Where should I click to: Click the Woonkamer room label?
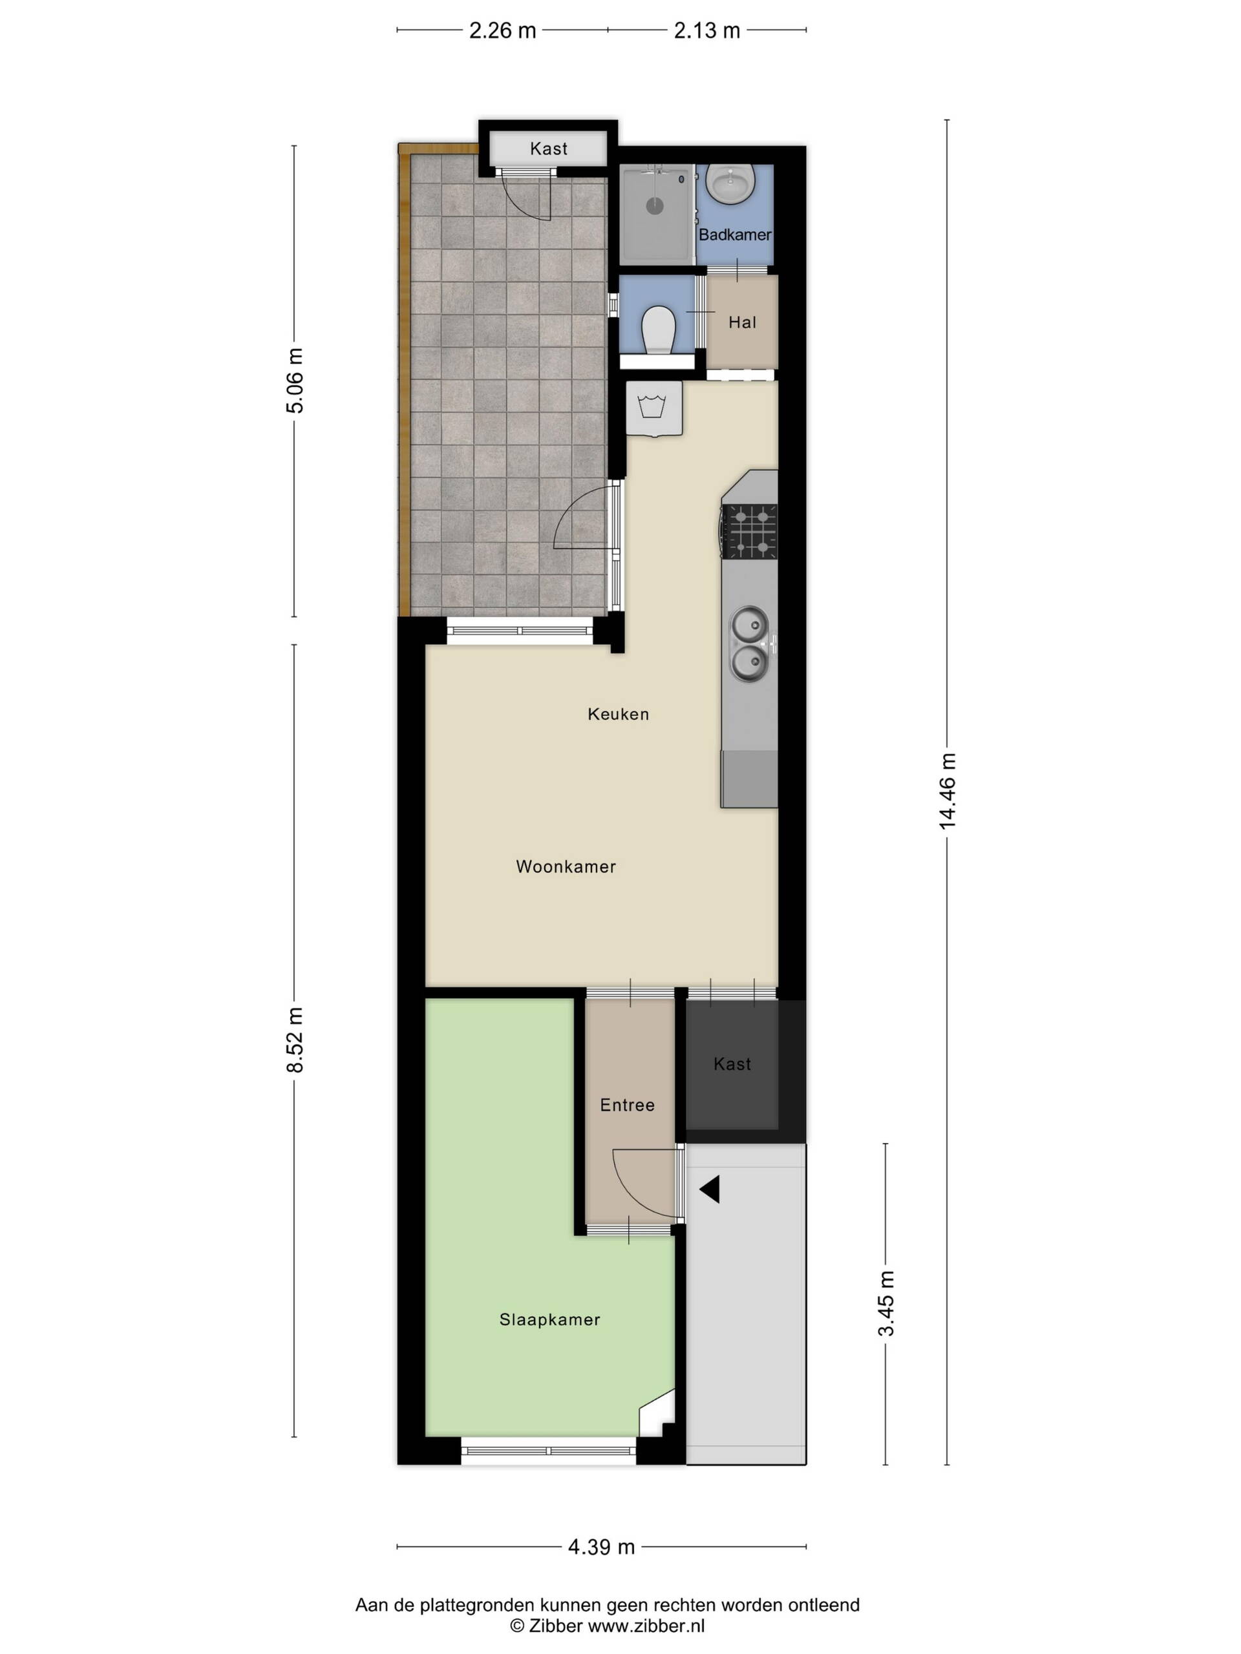coord(566,866)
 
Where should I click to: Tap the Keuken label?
coord(618,714)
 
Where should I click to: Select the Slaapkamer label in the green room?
coord(550,1320)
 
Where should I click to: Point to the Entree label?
coord(627,1105)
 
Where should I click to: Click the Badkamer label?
coord(734,235)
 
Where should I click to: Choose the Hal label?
coord(742,322)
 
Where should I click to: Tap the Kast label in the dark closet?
coord(732,1064)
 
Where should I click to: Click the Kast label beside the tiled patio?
coord(548,149)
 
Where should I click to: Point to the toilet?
coord(658,329)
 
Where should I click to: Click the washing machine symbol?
coord(654,409)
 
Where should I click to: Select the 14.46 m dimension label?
coord(948,791)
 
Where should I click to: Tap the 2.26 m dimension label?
coord(503,30)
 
